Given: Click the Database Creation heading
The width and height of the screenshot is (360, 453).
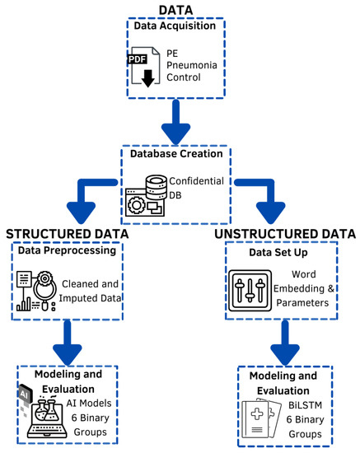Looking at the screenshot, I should click(180, 154).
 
